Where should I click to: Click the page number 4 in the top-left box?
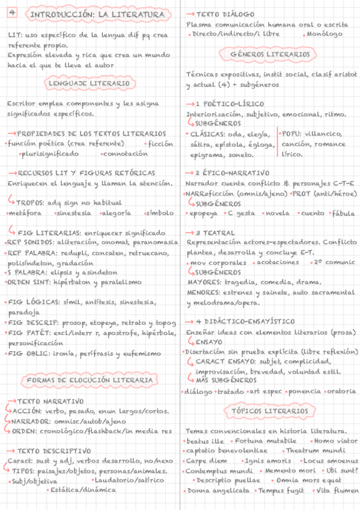pyautogui.click(x=13, y=13)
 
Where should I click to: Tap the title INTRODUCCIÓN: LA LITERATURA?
pyautogui.click(x=96, y=14)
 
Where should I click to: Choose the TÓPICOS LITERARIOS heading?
pyautogui.click(x=269, y=411)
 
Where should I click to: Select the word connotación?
pyautogui.click(x=125, y=153)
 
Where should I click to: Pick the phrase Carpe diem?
pyautogui.click(x=207, y=460)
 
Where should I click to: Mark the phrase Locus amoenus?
pyautogui.click(x=329, y=460)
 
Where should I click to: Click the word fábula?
pyautogui.click(x=343, y=213)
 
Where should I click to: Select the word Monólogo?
pyautogui.click(x=325, y=34)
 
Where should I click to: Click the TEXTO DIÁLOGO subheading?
pyautogui.click(x=225, y=13)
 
